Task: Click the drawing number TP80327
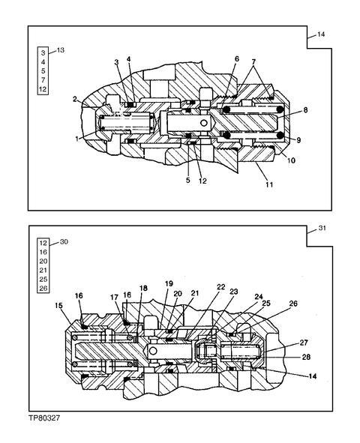click(x=44, y=418)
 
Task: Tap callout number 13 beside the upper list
click(x=61, y=50)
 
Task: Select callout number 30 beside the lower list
click(x=64, y=242)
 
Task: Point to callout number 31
click(x=322, y=228)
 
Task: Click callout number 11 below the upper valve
click(x=269, y=184)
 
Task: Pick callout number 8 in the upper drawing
click(x=305, y=109)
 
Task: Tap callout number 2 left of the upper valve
click(x=74, y=99)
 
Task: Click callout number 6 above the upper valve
click(x=237, y=58)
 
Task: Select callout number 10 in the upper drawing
click(x=291, y=160)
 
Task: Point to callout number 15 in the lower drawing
click(x=58, y=306)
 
